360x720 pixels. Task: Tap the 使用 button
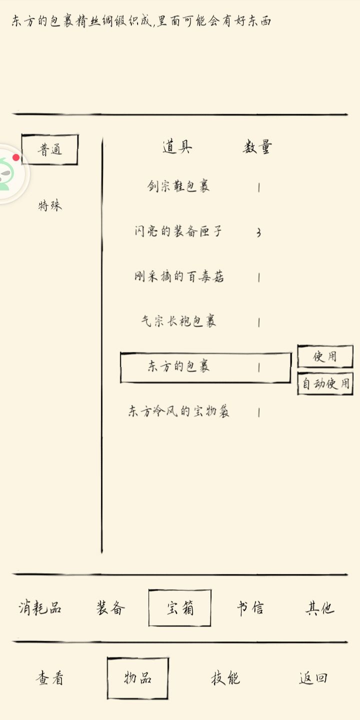pyautogui.click(x=325, y=356)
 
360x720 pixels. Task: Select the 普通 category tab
pyautogui.click(x=50, y=149)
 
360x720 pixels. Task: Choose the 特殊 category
pyautogui.click(x=50, y=205)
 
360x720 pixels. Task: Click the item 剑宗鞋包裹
pyautogui.click(x=178, y=186)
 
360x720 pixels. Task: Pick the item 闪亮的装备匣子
pyautogui.click(x=178, y=231)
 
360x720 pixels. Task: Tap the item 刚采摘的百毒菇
pyautogui.click(x=179, y=276)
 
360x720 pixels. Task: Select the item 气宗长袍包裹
pyautogui.click(x=178, y=321)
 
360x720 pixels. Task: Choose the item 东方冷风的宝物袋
pyautogui.click(x=178, y=411)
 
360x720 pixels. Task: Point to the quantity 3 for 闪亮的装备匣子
pyautogui.click(x=259, y=232)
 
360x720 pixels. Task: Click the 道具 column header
pyautogui.click(x=177, y=147)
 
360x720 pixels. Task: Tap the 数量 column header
pyautogui.click(x=257, y=147)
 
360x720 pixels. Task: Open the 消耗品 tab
pyautogui.click(x=40, y=608)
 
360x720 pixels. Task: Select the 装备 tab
pyautogui.click(x=110, y=608)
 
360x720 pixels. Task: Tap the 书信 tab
pyautogui.click(x=250, y=608)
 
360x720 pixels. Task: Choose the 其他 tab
pyautogui.click(x=320, y=608)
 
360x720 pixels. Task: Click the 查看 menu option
pyautogui.click(x=49, y=678)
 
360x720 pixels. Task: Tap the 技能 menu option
pyautogui.click(x=225, y=678)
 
